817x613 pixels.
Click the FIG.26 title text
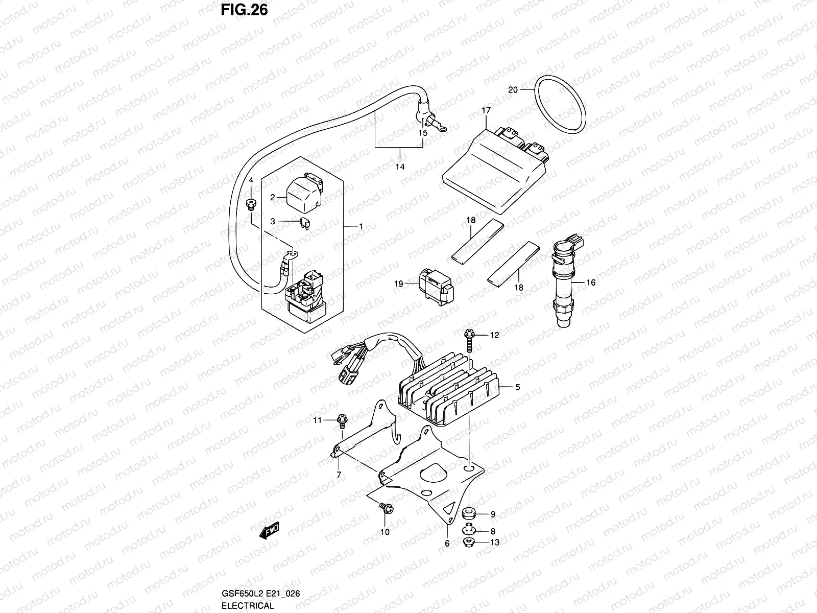coord(245,10)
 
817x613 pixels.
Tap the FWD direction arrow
coord(269,531)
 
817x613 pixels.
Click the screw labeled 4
coord(251,205)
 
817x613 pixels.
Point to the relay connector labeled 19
coord(435,286)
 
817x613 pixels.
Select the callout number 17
coord(486,110)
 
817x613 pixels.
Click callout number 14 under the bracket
coord(400,167)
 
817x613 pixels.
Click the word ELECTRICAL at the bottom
coord(248,606)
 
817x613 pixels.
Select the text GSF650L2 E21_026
coord(260,593)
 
